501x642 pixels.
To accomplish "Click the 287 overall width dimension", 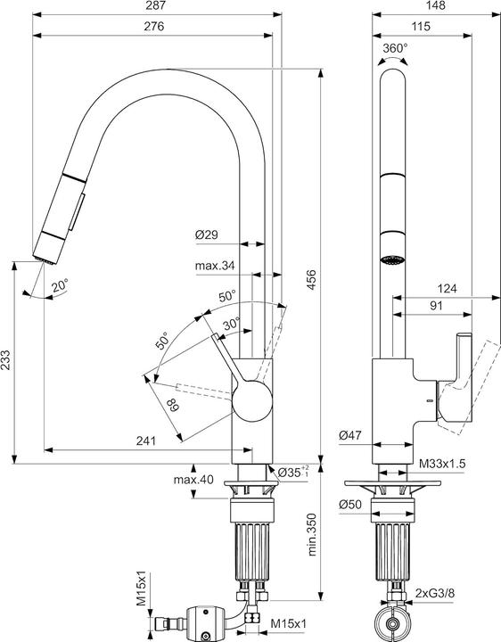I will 156,7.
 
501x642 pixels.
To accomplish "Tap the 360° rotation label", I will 394,47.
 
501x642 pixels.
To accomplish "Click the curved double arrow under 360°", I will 393,60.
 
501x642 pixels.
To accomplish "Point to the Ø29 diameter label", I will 207,236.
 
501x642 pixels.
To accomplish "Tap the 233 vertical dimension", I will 7,360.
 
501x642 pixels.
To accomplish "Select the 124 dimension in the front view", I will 448,288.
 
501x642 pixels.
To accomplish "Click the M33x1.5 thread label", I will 441,463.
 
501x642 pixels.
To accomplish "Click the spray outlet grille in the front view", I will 393,261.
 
